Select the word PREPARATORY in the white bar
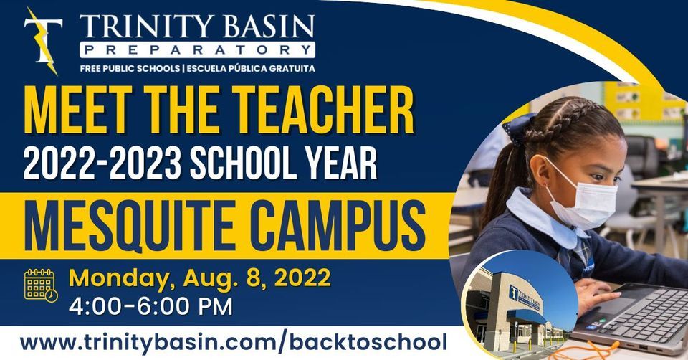click(198, 50)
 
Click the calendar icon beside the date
click(40, 285)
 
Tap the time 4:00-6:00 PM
click(150, 306)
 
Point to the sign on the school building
click(525, 296)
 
